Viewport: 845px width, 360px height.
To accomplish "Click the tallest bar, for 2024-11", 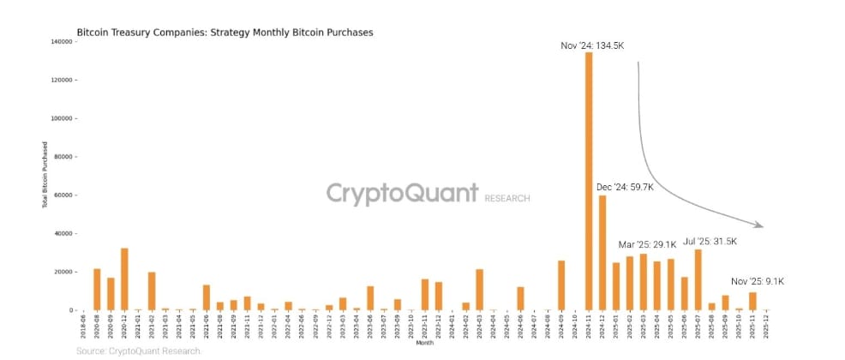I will tap(589, 180).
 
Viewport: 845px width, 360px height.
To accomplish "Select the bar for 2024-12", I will tap(602, 253).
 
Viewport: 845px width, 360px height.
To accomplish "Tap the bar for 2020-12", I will tap(124, 279).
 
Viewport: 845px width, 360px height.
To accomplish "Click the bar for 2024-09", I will tap(561, 285).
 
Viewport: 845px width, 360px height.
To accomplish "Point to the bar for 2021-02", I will tap(152, 291).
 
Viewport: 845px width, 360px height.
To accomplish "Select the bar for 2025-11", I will tap(752, 301).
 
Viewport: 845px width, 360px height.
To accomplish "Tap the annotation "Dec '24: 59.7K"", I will tap(625, 186).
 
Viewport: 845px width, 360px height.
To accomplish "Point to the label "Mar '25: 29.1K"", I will tap(647, 244).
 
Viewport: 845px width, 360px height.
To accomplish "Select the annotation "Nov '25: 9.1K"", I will tap(757, 281).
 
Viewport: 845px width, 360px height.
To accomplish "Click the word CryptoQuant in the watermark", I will tap(400, 194).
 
